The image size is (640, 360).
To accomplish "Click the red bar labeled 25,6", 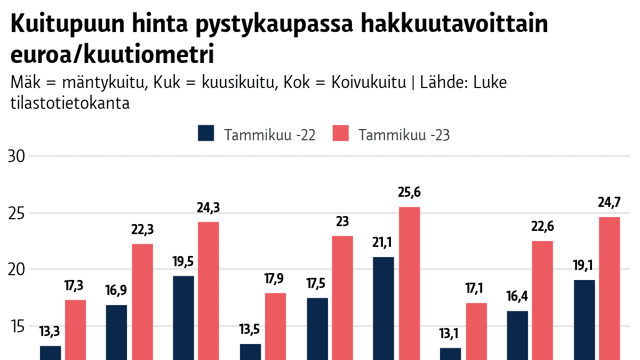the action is [x=410, y=283].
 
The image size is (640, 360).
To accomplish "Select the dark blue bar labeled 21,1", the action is [x=383, y=309].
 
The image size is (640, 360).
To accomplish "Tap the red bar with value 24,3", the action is [x=209, y=291].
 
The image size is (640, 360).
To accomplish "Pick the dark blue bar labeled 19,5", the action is [x=183, y=318].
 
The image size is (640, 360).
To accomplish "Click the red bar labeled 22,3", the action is [x=142, y=302].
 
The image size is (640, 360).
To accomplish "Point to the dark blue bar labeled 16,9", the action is [x=116, y=333].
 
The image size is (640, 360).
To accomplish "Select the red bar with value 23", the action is [x=342, y=298].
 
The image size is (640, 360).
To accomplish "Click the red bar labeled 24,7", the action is [x=610, y=289].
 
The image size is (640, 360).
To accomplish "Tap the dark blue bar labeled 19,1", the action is [x=585, y=320].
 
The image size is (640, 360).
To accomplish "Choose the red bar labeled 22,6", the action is [x=542, y=301].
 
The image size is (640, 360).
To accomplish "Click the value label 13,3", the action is [x=50, y=332].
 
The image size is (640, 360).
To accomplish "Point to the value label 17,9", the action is [x=274, y=279].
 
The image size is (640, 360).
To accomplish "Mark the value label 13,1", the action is [x=449, y=334].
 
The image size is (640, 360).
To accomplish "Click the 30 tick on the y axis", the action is [x=17, y=157].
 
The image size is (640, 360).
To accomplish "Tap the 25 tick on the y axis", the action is [x=17, y=213].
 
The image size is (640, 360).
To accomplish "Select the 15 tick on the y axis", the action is [x=18, y=326].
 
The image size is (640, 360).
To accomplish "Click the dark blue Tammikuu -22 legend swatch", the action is [x=206, y=133].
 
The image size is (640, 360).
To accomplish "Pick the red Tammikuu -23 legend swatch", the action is [x=341, y=133].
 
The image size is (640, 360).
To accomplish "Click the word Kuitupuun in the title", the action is [x=68, y=25].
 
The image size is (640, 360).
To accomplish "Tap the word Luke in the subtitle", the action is [x=490, y=82].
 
